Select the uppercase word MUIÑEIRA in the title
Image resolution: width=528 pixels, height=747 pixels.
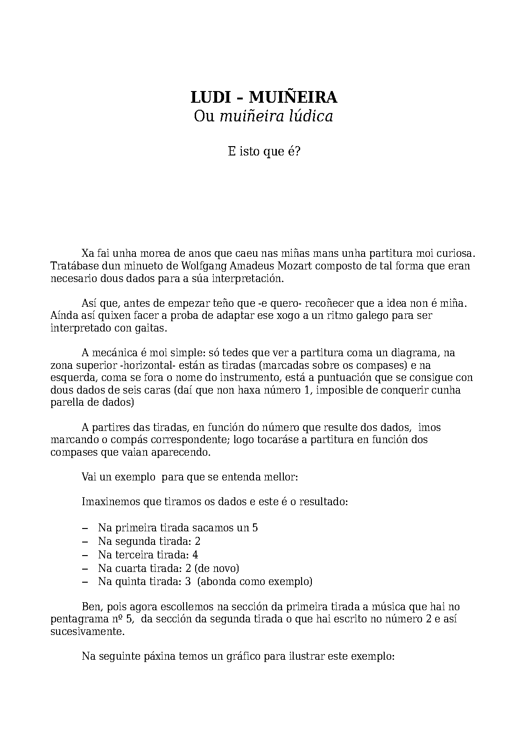pyautogui.click(x=293, y=97)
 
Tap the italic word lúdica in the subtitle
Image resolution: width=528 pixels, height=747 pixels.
pyautogui.click(x=309, y=116)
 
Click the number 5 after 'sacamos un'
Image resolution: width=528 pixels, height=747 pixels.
pyautogui.click(x=255, y=528)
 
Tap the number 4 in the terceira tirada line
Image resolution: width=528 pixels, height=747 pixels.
pyautogui.click(x=195, y=555)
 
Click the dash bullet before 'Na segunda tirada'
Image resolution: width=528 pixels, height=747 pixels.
pyautogui.click(x=85, y=542)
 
